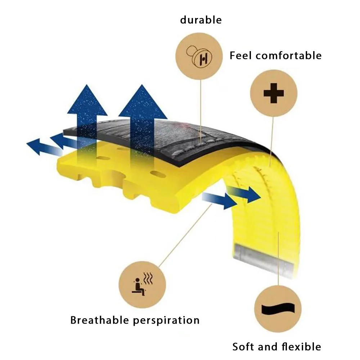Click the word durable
[x=201, y=20]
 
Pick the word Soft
[x=246, y=347]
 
